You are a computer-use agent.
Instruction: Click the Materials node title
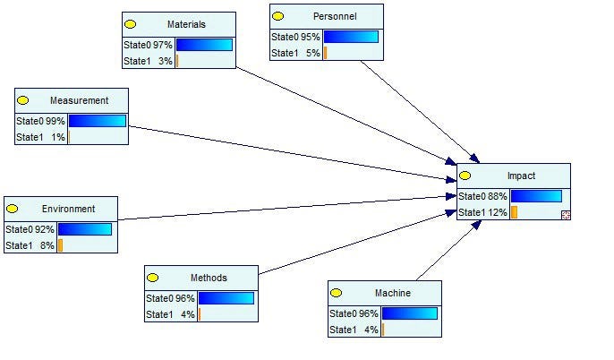click(186, 24)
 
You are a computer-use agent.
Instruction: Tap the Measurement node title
click(79, 100)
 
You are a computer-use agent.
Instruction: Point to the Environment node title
click(68, 209)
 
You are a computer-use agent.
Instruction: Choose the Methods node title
click(209, 278)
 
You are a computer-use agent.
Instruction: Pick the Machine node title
click(393, 293)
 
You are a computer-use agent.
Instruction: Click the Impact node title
click(521, 176)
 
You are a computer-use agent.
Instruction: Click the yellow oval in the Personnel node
click(277, 16)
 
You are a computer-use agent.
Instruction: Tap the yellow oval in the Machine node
click(336, 293)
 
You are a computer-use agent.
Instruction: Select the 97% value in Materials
click(163, 45)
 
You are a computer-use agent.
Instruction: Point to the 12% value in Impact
click(499, 212)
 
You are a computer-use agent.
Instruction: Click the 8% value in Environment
click(47, 245)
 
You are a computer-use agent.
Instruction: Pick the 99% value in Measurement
click(55, 121)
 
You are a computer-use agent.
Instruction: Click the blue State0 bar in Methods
click(226, 298)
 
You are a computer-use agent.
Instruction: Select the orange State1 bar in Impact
click(514, 212)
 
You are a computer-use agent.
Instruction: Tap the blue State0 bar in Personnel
click(350, 37)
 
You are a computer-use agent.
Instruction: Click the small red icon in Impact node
click(566, 215)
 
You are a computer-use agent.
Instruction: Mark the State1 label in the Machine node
click(343, 330)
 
